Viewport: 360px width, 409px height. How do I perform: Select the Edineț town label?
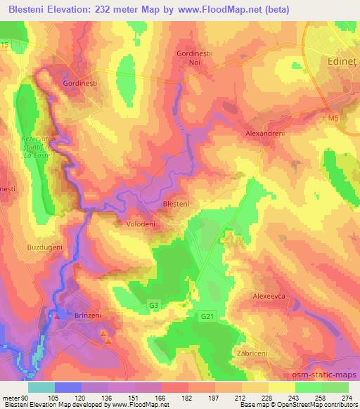point(339,61)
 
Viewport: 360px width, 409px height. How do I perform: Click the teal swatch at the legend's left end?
point(41,387)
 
